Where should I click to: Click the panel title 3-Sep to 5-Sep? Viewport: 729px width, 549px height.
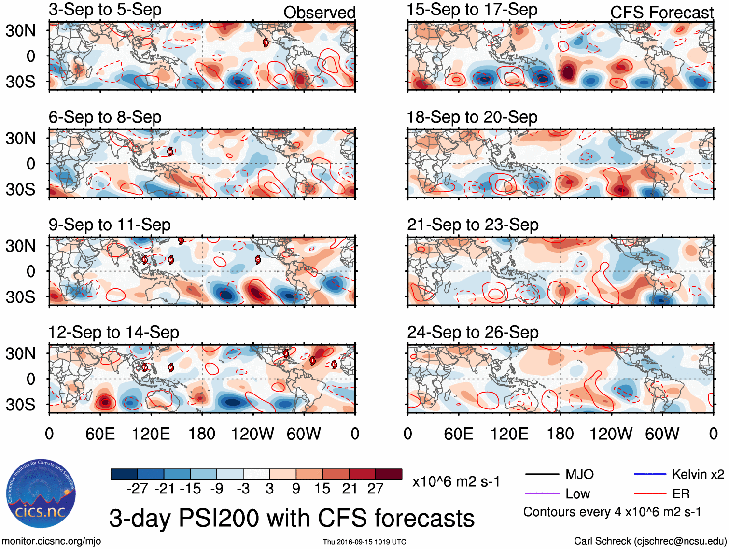(x=105, y=10)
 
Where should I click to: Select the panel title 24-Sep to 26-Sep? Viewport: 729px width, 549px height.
(x=473, y=332)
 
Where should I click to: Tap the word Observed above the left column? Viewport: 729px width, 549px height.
(x=319, y=13)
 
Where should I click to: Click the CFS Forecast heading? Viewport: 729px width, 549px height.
(x=661, y=13)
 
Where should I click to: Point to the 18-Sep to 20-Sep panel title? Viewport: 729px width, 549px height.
(x=472, y=117)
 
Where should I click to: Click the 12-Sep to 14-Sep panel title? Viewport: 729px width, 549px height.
(x=113, y=332)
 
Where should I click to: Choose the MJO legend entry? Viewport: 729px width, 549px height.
(x=579, y=474)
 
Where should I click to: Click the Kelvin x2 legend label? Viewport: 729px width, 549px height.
(x=698, y=474)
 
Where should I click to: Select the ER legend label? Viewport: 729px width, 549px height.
(x=681, y=493)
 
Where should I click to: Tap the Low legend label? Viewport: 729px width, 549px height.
(x=577, y=493)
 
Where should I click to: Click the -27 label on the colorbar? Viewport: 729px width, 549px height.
(x=137, y=489)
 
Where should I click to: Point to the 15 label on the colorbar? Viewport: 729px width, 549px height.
(x=322, y=489)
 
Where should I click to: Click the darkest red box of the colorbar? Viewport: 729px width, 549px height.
(x=389, y=474)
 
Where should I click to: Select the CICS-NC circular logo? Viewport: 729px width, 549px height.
(x=41, y=494)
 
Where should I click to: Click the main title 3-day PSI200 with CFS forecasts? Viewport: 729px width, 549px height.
(x=292, y=518)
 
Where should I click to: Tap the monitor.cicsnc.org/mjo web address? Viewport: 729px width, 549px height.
(x=52, y=541)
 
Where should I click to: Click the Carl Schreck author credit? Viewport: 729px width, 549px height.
(x=650, y=541)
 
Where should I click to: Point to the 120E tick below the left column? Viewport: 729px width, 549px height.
(x=151, y=434)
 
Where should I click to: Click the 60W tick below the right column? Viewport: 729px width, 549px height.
(x=662, y=434)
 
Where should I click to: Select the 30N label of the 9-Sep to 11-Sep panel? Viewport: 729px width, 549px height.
(x=20, y=246)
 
